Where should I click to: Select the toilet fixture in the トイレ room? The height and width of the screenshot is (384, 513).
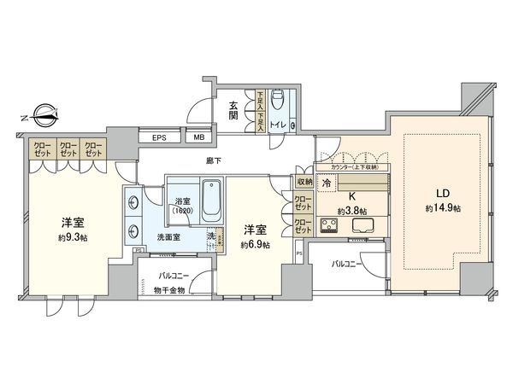(277, 103)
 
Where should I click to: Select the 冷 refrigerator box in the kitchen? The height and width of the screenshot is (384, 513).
(326, 183)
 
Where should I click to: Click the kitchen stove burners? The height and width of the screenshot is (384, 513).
(329, 226)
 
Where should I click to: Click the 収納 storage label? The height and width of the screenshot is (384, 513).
(304, 182)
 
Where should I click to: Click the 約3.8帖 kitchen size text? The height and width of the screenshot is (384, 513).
(351, 209)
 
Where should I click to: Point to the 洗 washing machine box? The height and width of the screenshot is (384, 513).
(210, 236)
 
